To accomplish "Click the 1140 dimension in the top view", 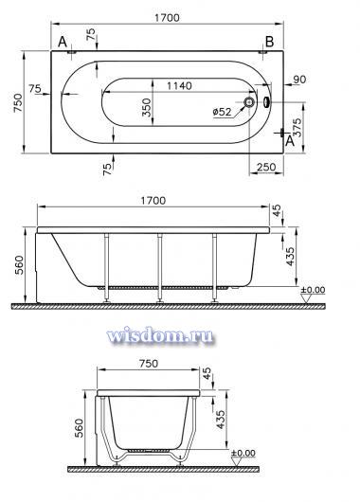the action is click(x=179, y=86).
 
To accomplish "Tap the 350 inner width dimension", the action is click(x=146, y=108).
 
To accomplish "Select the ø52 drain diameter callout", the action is click(x=222, y=112).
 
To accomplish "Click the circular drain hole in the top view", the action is click(x=249, y=102).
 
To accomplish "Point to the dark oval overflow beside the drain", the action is click(x=266, y=102).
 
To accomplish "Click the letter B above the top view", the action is click(x=269, y=42).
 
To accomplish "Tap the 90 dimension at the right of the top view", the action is click(x=299, y=80).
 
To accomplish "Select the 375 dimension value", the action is click(x=297, y=128).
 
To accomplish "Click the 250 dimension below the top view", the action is click(x=266, y=167).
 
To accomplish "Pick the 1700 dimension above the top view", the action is click(x=167, y=18).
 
